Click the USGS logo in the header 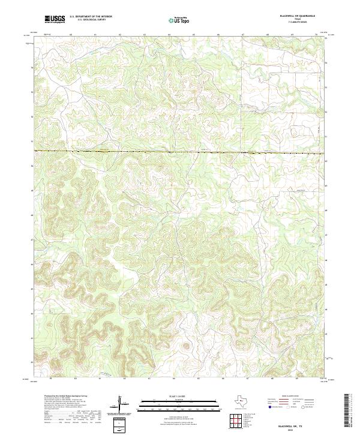coord(55,19)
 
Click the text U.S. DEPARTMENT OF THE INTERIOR coord(91,17)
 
